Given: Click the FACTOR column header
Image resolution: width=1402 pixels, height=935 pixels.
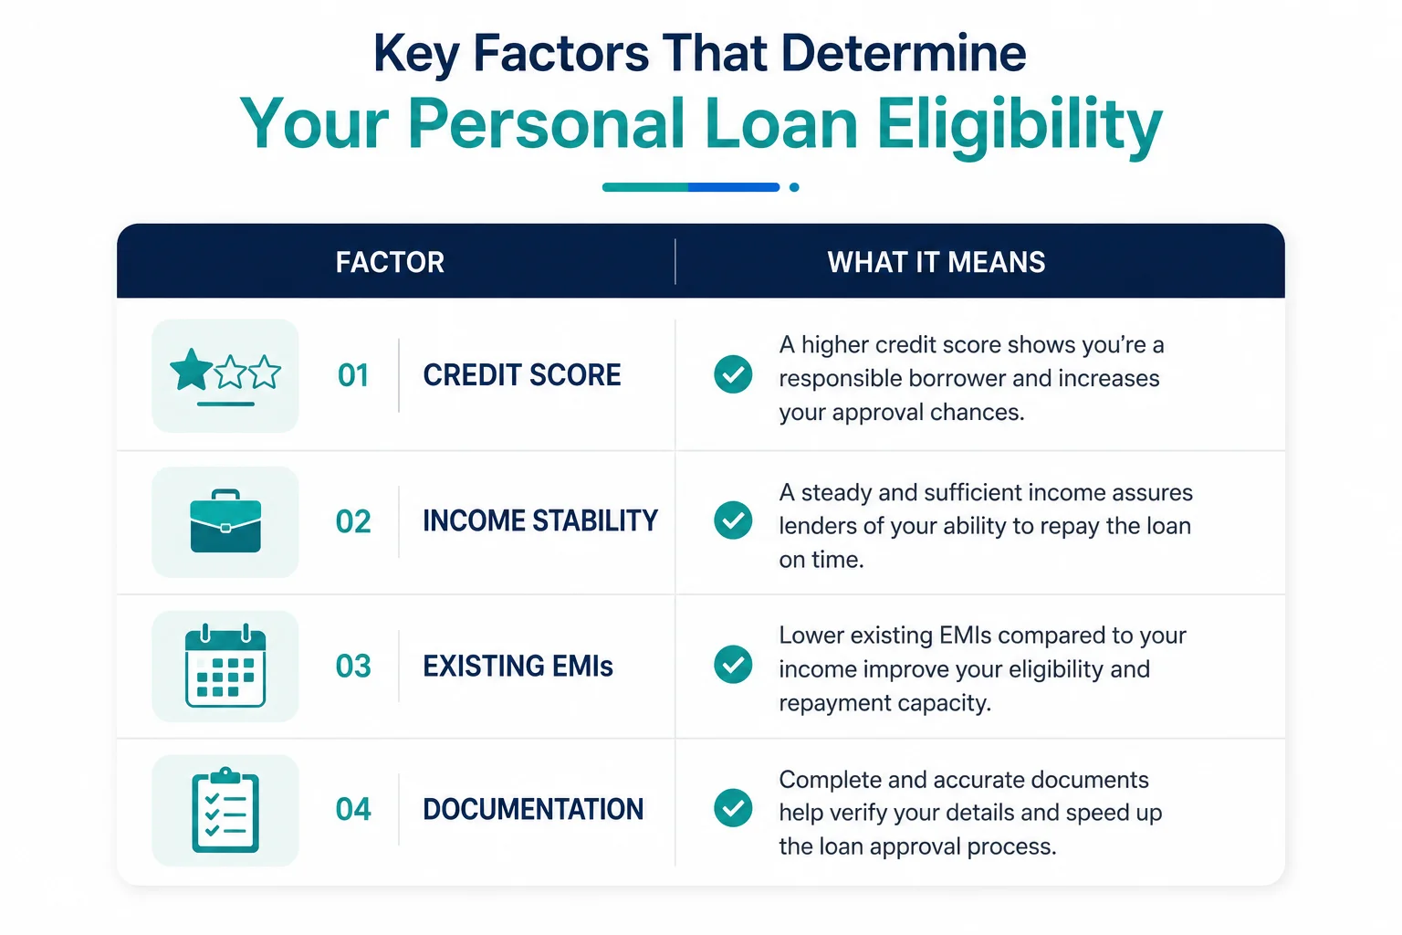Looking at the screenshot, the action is point(390,262).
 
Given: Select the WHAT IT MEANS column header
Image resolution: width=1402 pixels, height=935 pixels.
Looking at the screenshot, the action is point(936,262).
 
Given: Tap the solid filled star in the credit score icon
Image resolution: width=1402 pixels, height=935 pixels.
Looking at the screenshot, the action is point(192,370).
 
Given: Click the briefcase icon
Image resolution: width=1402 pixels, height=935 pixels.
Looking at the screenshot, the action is point(225,521).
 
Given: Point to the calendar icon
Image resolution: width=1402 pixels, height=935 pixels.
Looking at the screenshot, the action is point(225,665).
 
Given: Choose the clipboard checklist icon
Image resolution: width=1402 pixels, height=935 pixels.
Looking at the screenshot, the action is point(225,810).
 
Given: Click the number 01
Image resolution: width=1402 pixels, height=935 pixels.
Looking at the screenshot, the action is point(353,375).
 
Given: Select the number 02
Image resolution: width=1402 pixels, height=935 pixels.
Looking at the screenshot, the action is point(353,521).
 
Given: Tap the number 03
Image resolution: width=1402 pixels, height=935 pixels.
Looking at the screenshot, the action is point(353,666).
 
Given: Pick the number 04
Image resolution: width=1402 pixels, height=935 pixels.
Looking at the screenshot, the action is point(353,809).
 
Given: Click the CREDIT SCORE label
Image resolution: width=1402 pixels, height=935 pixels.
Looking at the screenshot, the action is point(522,375).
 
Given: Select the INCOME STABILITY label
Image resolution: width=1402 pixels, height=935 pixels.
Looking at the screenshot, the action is point(540,521).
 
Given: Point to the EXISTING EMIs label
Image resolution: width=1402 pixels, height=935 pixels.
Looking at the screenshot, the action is point(518,666).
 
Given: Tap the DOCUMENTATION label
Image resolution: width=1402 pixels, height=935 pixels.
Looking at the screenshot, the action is point(533,809).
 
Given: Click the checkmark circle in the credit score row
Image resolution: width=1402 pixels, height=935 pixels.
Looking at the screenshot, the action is point(733,373).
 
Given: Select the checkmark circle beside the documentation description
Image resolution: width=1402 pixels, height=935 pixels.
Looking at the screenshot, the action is point(733,807).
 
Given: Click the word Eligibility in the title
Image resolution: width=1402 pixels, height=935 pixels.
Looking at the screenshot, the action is point(1019,125).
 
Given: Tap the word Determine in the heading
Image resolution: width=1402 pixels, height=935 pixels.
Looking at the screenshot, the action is point(903,53).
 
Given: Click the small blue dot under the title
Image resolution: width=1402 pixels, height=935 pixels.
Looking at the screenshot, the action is point(794,187).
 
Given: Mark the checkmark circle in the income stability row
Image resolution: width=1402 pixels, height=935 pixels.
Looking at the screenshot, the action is point(733,520).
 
